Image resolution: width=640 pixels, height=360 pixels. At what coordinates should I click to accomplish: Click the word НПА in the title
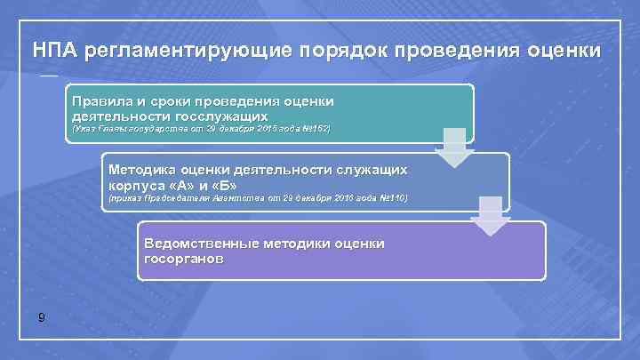[54, 49]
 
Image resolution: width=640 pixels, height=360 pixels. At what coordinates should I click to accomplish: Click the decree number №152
[316, 130]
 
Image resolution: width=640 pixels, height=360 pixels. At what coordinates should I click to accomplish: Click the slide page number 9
[43, 319]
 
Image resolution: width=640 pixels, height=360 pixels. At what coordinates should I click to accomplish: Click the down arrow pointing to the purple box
[489, 216]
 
